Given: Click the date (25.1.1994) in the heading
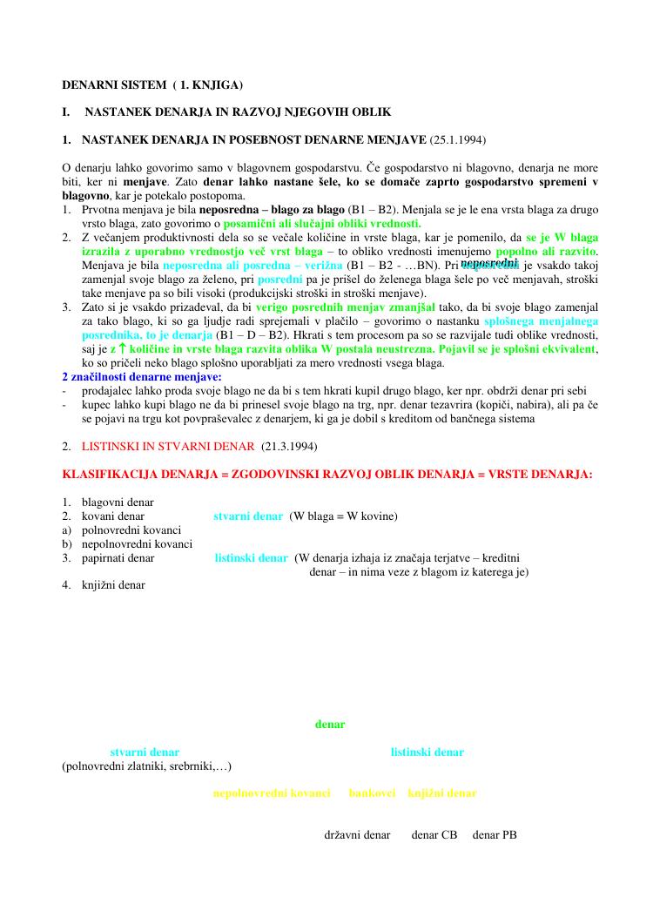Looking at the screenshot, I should [x=457, y=140].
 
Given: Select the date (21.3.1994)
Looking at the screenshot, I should [x=289, y=447].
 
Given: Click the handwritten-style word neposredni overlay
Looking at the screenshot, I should [x=489, y=262].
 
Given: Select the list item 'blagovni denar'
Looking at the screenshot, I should [x=118, y=502].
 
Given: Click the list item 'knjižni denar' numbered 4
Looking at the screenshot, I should [x=114, y=585].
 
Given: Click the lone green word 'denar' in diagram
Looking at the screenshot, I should [x=330, y=725].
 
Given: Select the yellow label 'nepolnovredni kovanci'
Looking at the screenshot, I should [x=272, y=793].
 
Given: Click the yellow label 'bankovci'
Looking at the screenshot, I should [x=373, y=793].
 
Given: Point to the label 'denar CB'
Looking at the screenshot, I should [x=434, y=835].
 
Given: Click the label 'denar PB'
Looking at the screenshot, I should [x=495, y=835].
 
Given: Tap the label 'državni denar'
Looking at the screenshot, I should [x=357, y=835].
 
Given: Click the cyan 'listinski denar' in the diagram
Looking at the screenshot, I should [x=427, y=752].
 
